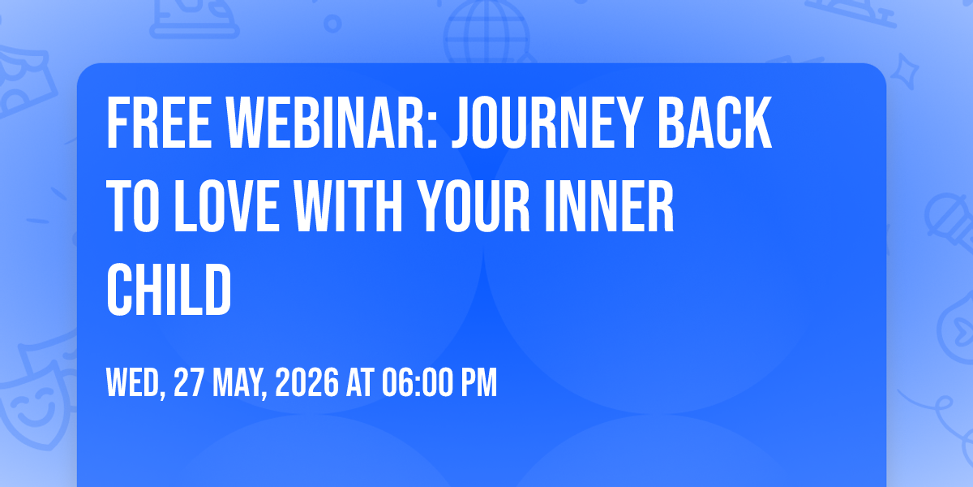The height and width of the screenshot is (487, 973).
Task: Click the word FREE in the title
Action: click(159, 123)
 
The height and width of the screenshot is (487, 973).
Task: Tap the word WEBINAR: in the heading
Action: click(331, 123)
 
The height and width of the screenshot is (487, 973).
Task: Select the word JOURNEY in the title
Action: click(547, 123)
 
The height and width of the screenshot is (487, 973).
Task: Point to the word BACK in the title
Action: click(714, 123)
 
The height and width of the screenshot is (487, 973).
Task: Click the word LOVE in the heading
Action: click(226, 206)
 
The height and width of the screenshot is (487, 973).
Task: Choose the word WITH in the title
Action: click(348, 206)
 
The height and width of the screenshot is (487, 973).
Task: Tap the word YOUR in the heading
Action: click(474, 206)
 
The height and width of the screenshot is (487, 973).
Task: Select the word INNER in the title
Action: click(610, 206)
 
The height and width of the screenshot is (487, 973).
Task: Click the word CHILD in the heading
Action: click(169, 290)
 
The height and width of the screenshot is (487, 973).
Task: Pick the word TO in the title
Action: click(133, 206)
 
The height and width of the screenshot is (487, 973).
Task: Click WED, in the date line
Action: click(136, 383)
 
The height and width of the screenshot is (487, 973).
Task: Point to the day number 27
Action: click(188, 382)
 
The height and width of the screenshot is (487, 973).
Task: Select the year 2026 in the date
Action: click(307, 382)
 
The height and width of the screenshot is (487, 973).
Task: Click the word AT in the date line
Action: click(360, 382)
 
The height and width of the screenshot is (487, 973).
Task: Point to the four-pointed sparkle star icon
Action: click(904, 71)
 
